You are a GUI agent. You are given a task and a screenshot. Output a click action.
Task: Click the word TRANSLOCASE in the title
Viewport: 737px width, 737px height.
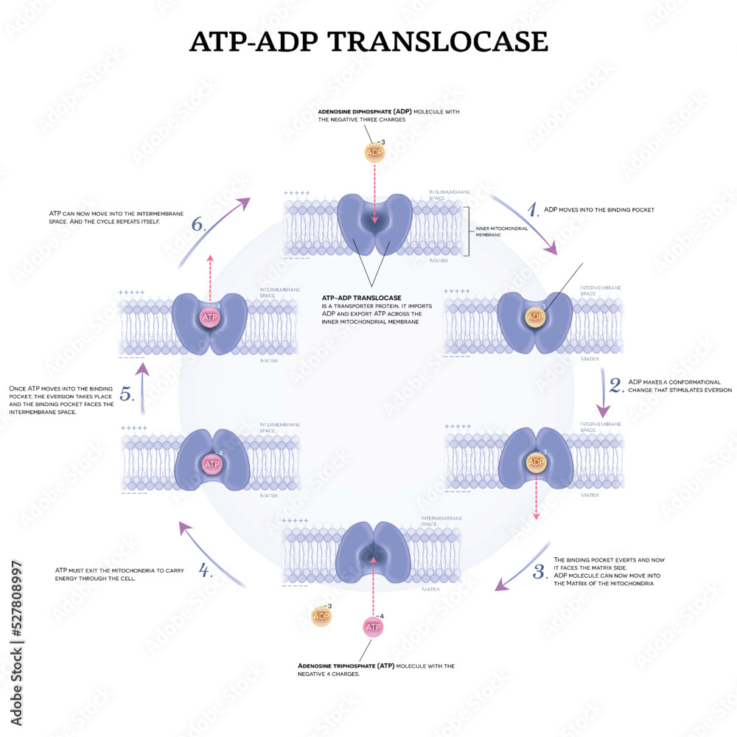tap(437, 41)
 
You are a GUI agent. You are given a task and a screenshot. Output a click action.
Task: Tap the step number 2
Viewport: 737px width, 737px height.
tap(615, 385)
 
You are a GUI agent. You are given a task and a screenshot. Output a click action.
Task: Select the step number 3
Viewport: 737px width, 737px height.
tap(539, 571)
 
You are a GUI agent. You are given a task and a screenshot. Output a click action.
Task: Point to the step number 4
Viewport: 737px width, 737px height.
tap(206, 570)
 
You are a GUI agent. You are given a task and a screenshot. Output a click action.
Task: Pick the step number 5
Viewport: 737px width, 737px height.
tap(127, 395)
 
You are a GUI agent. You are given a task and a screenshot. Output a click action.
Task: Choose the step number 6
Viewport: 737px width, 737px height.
tap(198, 225)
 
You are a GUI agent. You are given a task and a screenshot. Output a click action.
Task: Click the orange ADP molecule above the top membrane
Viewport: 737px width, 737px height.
tap(375, 152)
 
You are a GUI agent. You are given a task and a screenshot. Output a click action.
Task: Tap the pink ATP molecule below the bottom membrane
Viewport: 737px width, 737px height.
tap(374, 627)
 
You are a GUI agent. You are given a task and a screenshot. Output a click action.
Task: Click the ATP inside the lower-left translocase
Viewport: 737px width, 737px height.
tap(212, 464)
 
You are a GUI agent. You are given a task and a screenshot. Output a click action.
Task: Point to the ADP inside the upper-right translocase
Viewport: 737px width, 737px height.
tap(536, 318)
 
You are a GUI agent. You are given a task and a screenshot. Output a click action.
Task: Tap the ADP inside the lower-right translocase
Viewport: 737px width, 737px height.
tap(536, 463)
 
